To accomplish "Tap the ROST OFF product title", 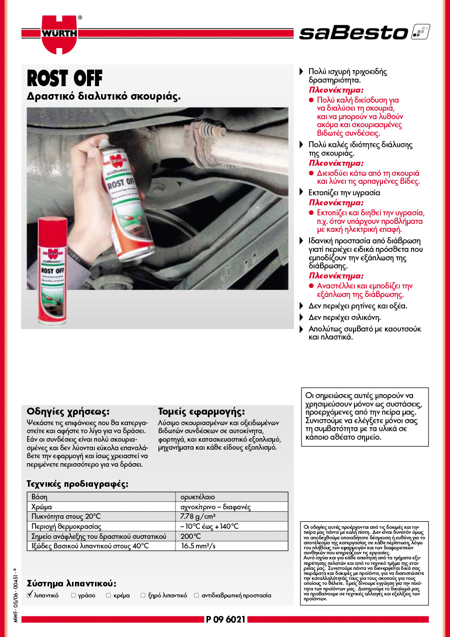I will pos(64,79).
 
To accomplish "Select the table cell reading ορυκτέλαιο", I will pos(197,497).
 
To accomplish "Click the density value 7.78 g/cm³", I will pos(198,517).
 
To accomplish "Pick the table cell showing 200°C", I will pos(190,536).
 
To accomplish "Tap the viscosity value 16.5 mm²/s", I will pos(198,546).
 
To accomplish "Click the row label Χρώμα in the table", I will pos(41,507).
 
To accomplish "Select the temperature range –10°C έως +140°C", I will pos(209,526).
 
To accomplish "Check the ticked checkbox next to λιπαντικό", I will pos(30,595).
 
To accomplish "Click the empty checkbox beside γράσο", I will pos(73,595).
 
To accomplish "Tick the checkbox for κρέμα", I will pos(108,595).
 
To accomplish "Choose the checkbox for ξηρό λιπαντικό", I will pos(143,595).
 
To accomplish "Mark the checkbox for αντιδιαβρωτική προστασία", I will pos(196,595).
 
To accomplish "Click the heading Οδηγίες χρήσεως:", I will pos(67,412).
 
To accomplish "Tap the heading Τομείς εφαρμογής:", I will pos(201,412).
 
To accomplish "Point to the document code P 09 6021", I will pos(225,619).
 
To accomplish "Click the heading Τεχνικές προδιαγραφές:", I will pos(77,484).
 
